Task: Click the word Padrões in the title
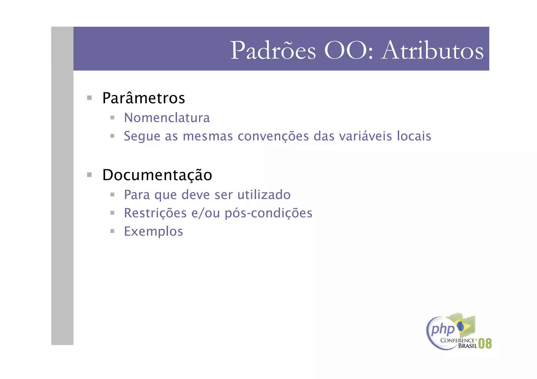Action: [x=273, y=51]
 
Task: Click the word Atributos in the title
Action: [x=433, y=51]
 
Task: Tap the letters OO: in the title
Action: [x=348, y=51]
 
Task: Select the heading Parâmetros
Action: [x=144, y=98]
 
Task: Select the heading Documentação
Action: [x=157, y=175]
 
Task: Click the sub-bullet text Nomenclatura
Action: [x=167, y=118]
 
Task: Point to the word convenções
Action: [x=273, y=136]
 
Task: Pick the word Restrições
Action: [x=155, y=213]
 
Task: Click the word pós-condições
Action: [x=268, y=213]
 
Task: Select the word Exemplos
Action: [x=153, y=232]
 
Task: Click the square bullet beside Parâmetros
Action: [x=89, y=98]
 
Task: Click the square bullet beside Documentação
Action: [x=89, y=175]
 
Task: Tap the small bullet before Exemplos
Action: [x=112, y=231]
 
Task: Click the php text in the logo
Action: [x=443, y=329]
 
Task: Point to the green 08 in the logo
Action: [x=485, y=343]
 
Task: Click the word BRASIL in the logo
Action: [x=468, y=346]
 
